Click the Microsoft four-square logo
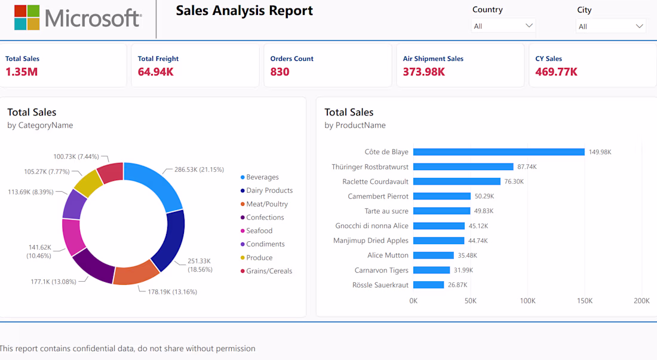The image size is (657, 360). click(x=27, y=17)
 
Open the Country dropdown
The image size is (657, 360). click(x=503, y=26)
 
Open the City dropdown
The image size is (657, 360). click(x=610, y=26)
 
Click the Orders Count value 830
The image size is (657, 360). click(x=280, y=72)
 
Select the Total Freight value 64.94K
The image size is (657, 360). click(x=155, y=72)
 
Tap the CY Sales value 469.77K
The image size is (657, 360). click(x=556, y=72)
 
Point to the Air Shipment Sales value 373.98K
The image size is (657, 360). click(x=423, y=72)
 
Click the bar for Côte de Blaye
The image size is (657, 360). click(x=499, y=152)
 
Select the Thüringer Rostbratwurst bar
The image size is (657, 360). click(x=463, y=167)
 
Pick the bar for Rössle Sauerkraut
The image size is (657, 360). click(x=428, y=285)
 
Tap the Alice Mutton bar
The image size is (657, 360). click(x=433, y=256)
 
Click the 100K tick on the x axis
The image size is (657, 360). click(x=527, y=300)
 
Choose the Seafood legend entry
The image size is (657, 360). click(x=256, y=230)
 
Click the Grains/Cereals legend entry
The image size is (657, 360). click(x=266, y=271)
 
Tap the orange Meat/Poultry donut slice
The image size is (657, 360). click(x=136, y=273)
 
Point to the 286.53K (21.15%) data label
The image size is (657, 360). click(x=199, y=170)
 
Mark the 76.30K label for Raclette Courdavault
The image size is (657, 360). click(x=514, y=181)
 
